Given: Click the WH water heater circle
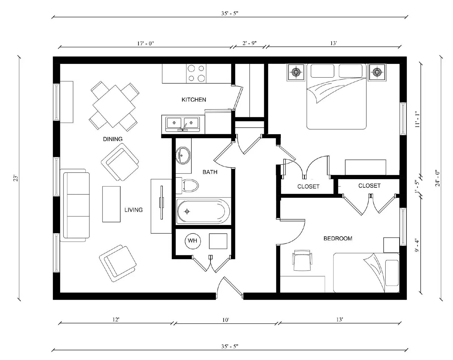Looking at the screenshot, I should coord(193,241).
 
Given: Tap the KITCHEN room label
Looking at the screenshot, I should coord(194,100).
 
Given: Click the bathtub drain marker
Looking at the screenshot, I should coord(187,211).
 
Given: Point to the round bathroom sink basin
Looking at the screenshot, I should coord(183,155).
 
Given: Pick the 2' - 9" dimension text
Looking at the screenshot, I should coord(249,43).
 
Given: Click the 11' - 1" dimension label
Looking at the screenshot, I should coord(417,119).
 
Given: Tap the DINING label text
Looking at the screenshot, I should coord(113,139).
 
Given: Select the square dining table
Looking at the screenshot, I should coord(114,106).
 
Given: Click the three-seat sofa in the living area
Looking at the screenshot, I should coord(76,205).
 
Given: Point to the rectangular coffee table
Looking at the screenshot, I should coord(111,204).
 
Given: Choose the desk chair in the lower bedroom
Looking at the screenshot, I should coord(303,260).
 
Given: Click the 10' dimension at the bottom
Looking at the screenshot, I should coord(225,320).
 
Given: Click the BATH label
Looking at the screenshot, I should coord(210,172).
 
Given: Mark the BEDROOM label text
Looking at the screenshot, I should coord(338,238).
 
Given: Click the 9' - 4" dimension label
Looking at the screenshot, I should coord(417,245).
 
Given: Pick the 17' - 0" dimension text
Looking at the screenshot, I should coord(146,43).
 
